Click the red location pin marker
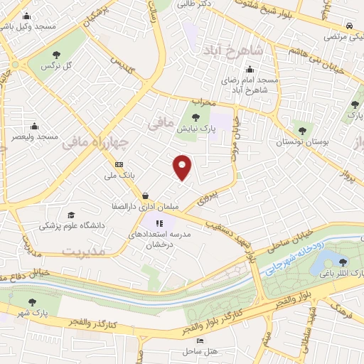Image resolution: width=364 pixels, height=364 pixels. point(183,166)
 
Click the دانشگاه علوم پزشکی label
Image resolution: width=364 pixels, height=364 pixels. point(70,225)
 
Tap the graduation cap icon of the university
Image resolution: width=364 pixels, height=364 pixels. point(70,215)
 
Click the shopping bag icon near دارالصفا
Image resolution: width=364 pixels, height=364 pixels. point(145,195)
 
